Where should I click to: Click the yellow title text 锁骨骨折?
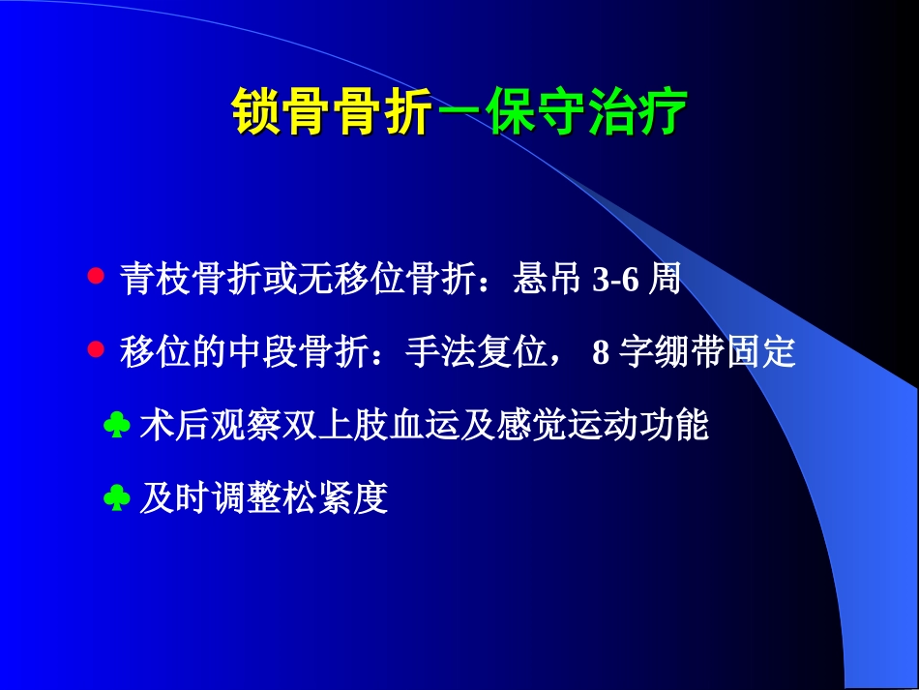pos(332,111)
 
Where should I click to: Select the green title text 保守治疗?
pos(585,111)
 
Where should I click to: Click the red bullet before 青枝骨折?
pos(96,276)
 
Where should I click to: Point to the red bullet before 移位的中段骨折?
pos(96,349)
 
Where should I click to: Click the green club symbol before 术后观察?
pos(117,425)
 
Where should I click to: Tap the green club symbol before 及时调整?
pos(117,497)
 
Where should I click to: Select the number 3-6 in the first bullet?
pos(615,279)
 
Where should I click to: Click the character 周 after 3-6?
pos(664,278)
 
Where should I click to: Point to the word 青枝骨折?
pos(191,278)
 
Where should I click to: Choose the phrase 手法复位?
pos(476,351)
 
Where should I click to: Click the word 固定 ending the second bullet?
pos(760,351)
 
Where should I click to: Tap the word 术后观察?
pos(211,425)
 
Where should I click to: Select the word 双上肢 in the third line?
pos(336,425)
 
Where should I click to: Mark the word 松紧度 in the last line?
pos(336,498)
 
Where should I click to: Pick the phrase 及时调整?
pos(211,498)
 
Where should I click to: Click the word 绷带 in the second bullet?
pos(690,351)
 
